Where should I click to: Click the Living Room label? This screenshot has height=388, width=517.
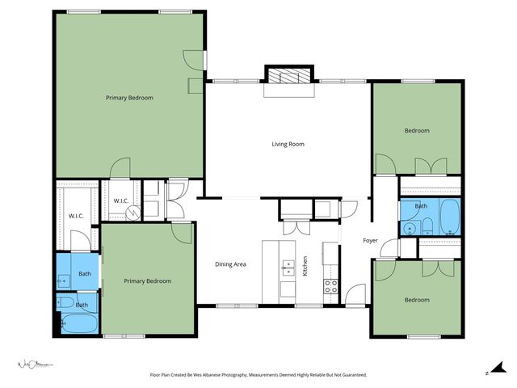[287, 144]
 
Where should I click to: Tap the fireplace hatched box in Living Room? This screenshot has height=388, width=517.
[288, 77]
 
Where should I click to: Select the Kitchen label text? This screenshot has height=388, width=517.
[305, 266]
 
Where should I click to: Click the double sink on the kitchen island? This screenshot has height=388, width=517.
[287, 268]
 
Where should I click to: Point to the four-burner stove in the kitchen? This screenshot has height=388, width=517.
[330, 285]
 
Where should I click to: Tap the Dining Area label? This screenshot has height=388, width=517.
[230, 264]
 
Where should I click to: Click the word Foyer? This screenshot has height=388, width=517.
[370, 240]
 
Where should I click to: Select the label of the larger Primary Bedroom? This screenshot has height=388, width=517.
[129, 97]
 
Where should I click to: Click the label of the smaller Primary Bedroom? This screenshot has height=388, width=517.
[147, 280]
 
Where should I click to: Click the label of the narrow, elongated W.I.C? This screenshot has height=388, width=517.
[77, 216]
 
